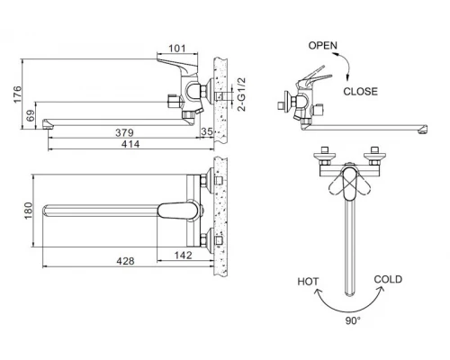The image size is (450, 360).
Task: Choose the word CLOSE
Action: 360,91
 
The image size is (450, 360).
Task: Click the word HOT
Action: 308,282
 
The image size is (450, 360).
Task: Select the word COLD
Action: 388,280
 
